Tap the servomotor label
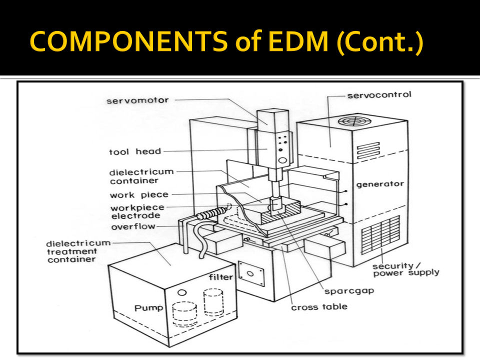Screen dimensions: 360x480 [137, 100]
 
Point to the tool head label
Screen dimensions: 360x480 [135, 151]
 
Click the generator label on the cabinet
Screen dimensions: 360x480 [379, 184]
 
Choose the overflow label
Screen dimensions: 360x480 [133, 226]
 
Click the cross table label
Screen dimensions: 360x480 [319, 306]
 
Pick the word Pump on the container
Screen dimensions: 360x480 [148, 307]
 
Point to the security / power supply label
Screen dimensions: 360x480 [405, 269]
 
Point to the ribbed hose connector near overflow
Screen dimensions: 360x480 [210, 214]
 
